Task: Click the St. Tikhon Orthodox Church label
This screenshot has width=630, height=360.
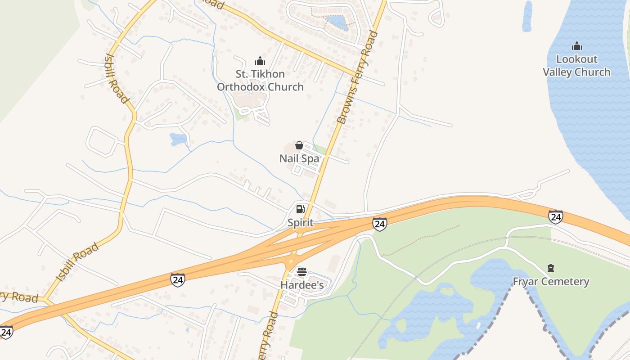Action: pos(260,81)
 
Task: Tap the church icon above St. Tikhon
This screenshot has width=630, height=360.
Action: pos(260,61)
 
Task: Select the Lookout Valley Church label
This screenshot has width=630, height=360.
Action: pos(576,66)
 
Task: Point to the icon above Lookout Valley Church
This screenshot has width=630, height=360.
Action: pos(576,46)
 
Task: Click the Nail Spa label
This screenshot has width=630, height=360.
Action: pos(299,158)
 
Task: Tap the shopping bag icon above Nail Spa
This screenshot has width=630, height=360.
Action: pos(299,145)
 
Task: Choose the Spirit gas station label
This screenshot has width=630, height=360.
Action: pos(301,223)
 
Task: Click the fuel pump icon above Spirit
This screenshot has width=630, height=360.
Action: pos(301,209)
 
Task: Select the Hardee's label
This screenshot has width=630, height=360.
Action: pos(302,285)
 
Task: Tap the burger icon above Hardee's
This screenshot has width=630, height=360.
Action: pos(302,272)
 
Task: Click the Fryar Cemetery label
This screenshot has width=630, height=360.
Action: pos(551,282)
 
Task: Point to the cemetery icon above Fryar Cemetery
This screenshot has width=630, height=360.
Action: pos(551,269)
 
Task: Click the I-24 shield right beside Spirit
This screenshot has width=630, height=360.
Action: pos(379,224)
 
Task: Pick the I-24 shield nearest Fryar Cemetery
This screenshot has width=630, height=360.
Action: pos(556,217)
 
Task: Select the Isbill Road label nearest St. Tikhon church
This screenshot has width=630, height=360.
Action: pos(117,77)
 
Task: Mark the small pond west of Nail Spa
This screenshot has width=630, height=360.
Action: pos(178,139)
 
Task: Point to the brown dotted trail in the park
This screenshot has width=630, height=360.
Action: pos(421,240)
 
